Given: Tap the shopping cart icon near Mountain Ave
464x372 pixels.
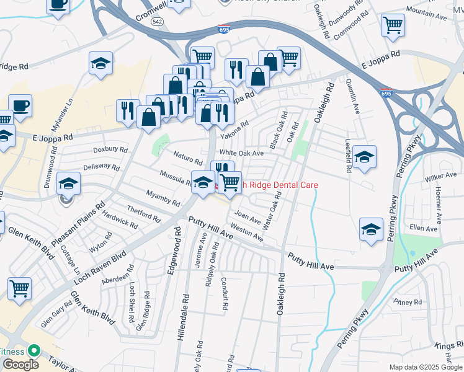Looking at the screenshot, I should point(393,25).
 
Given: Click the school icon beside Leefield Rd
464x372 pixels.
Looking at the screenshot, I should point(364,157).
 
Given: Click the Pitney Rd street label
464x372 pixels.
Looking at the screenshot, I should point(408,303).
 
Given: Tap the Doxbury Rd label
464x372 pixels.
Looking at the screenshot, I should point(110,150).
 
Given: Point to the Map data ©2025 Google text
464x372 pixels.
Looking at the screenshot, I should point(426,367).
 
